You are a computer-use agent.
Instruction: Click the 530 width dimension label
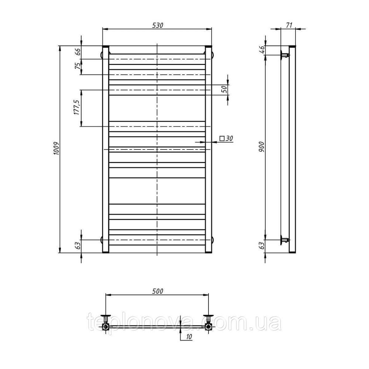click(158, 25)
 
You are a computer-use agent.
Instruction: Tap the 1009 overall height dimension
click(56, 149)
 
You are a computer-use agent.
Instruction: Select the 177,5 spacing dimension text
click(77, 107)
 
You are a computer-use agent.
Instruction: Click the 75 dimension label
click(77, 66)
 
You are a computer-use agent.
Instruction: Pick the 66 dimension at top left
click(77, 52)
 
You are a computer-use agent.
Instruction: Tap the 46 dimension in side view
click(262, 50)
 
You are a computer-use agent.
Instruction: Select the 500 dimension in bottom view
click(158, 292)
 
